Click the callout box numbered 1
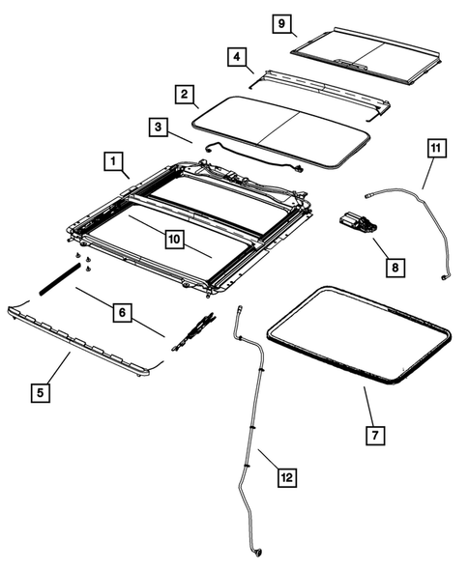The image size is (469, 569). [113, 159]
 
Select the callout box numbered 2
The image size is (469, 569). [182, 94]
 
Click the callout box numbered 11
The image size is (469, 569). [436, 149]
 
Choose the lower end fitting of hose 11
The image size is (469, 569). [444, 278]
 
